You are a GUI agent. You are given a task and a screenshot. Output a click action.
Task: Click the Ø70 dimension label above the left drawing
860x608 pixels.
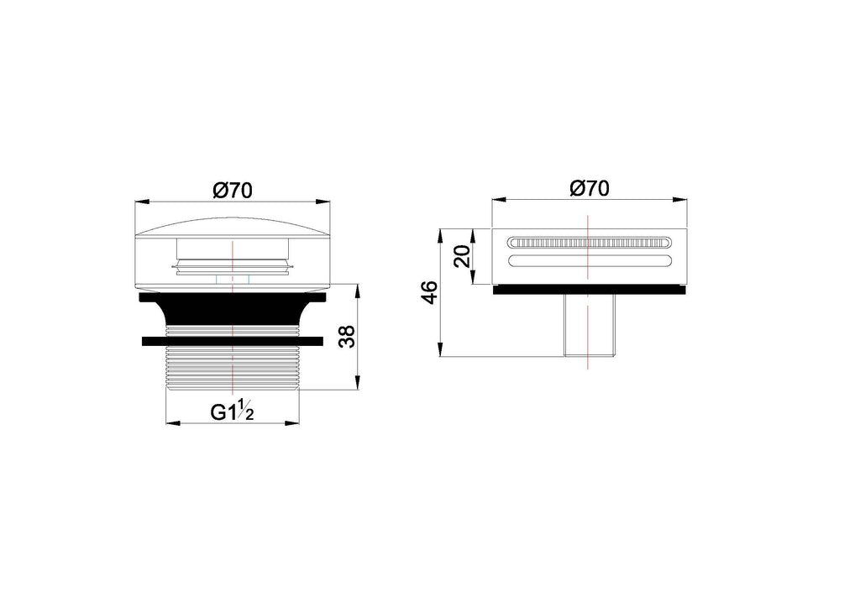tap(233, 191)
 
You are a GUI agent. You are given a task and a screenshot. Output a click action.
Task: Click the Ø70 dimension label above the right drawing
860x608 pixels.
tap(590, 188)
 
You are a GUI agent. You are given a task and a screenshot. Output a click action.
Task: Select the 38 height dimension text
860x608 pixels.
tap(347, 337)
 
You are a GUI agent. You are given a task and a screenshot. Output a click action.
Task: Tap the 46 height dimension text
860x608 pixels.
tap(429, 292)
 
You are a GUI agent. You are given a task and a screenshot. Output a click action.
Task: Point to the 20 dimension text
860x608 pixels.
tap(464, 256)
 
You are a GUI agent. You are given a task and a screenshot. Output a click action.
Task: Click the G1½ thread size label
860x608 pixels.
tap(232, 411)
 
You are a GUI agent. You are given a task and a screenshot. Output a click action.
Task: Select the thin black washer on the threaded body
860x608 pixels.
tap(233, 341)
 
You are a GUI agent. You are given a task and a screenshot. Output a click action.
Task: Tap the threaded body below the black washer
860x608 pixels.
tap(233, 368)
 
